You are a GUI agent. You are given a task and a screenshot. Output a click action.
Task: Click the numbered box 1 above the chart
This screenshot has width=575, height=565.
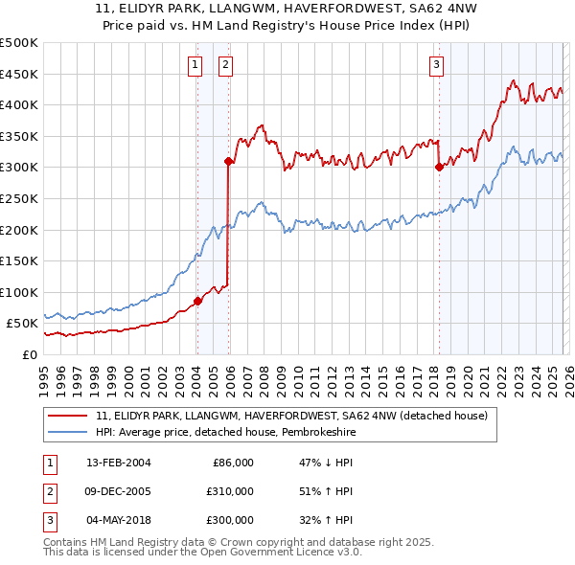[195, 65]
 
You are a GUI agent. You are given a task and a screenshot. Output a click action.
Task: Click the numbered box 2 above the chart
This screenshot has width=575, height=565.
[226, 65]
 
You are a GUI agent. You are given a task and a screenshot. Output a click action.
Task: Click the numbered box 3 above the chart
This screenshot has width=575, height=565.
[436, 65]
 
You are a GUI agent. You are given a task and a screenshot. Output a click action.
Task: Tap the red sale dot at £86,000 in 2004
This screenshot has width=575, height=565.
[197, 301]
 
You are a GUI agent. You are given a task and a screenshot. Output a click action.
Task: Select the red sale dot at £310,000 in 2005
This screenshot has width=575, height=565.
[228, 162]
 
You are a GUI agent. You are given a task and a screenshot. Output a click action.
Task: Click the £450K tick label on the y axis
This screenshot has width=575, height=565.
[18, 74]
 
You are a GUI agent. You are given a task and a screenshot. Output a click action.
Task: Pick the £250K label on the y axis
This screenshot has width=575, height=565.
[18, 198]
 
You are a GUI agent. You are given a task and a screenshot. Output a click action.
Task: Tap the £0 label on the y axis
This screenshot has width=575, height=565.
[29, 354]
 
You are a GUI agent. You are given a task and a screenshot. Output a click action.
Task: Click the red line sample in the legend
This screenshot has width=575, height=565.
[68, 416]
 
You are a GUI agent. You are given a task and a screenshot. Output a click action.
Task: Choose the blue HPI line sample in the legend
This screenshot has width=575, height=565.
[68, 432]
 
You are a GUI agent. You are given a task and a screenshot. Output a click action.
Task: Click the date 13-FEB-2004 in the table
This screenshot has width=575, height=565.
[118, 463]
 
